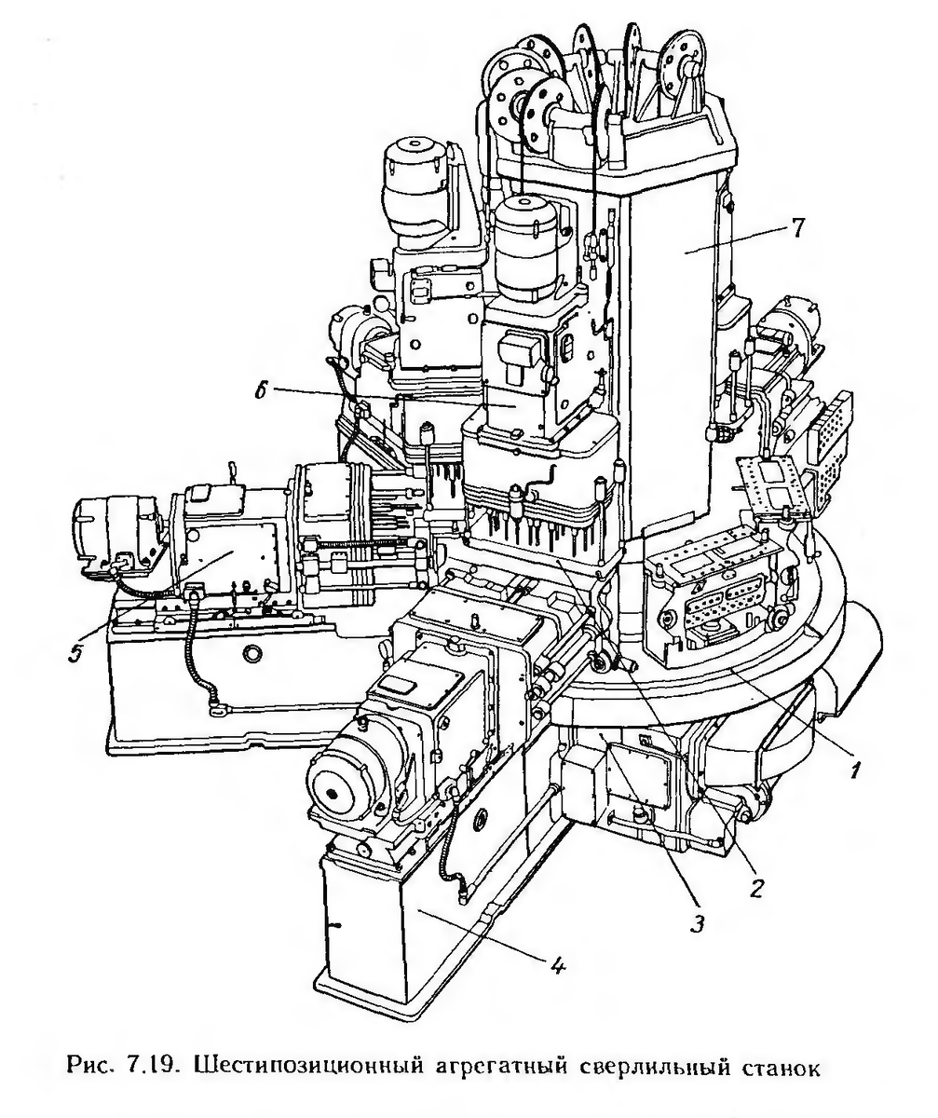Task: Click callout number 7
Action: (x=796, y=228)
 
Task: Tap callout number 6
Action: (x=260, y=391)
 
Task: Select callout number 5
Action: (x=75, y=653)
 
